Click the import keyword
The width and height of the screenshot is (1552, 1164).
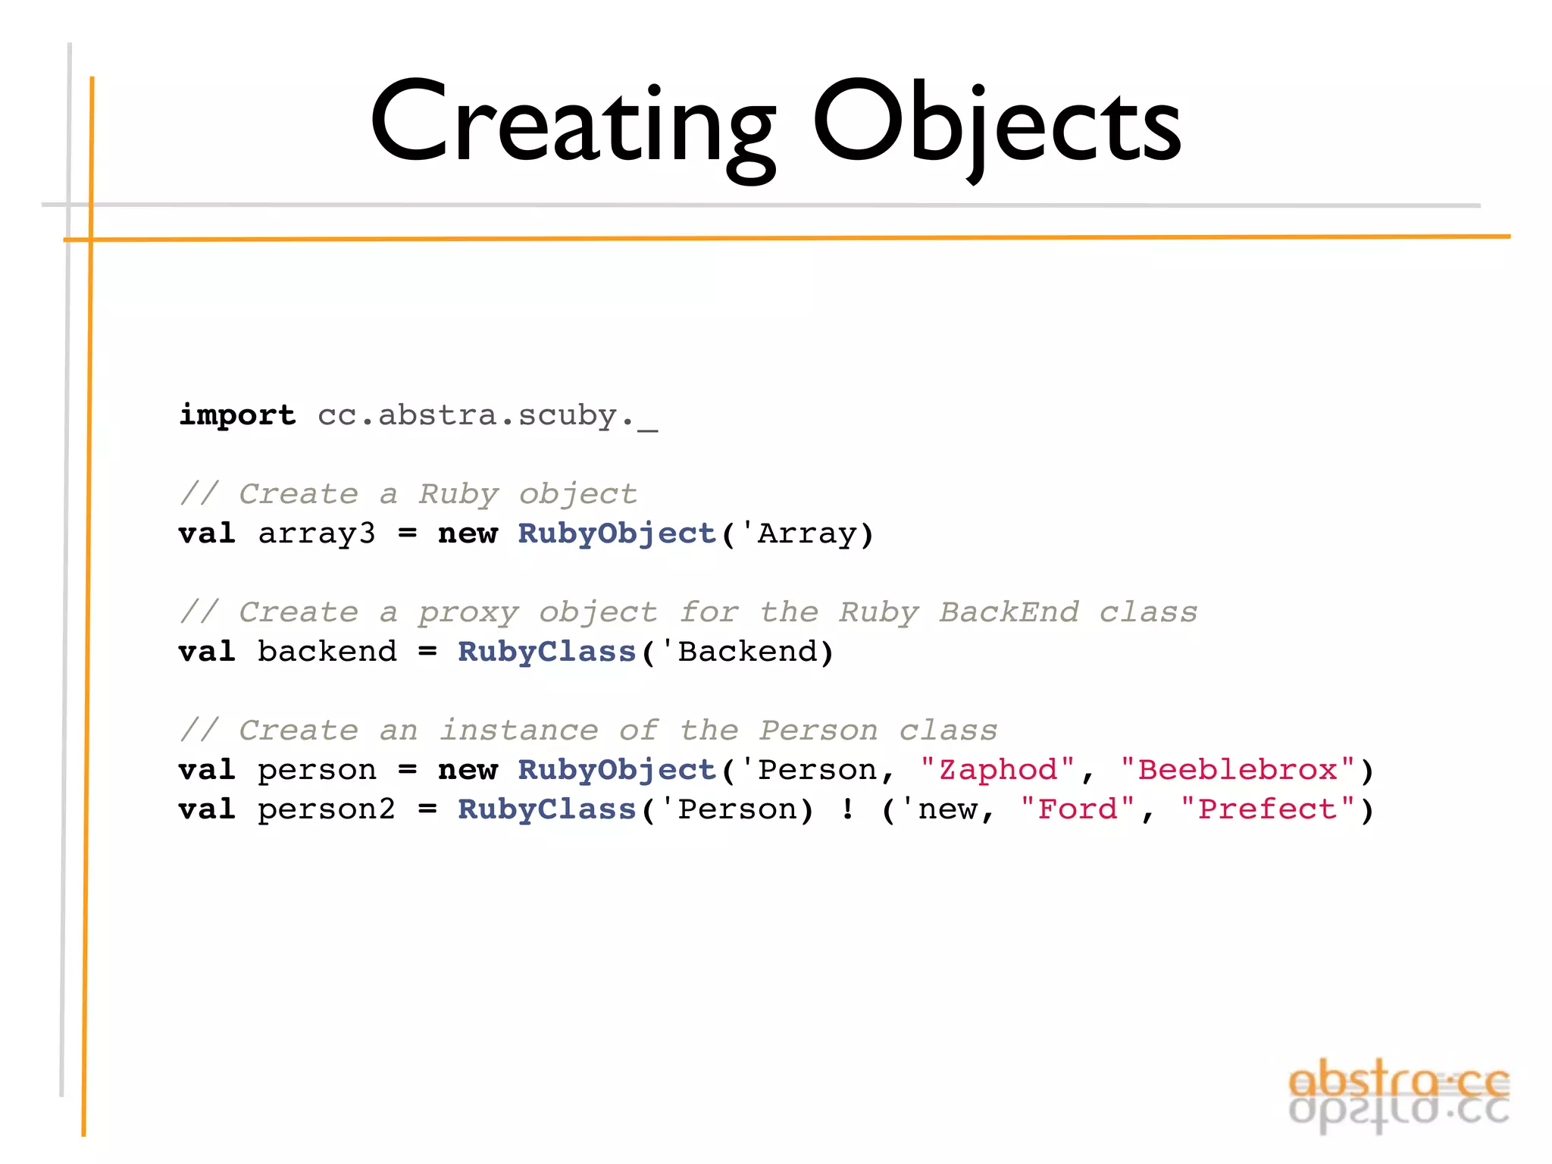237,415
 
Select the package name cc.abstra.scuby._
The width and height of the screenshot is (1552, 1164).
487,415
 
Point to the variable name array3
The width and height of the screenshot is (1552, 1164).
317,533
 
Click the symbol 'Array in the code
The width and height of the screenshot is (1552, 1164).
806,533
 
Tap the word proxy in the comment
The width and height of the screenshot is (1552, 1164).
468,612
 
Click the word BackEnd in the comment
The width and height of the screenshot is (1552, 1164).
1009,612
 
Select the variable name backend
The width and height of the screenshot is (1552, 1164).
327,652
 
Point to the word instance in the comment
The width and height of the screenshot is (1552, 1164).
519,731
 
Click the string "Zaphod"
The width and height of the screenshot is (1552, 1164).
997,770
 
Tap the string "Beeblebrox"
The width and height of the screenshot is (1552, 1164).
1238,770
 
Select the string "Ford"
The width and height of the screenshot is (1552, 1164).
1078,809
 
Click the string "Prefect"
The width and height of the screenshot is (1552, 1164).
1267,809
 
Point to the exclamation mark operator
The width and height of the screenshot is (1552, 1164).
848,809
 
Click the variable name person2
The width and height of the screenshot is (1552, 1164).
327,809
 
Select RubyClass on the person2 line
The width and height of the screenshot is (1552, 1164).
546,809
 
